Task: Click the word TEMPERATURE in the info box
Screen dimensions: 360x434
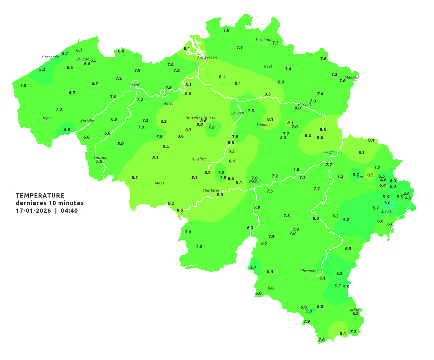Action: pos(40,195)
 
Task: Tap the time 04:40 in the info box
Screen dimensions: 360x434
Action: pos(69,211)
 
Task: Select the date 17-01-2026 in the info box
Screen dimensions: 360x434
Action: pos(33,211)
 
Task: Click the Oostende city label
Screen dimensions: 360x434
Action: pos(50,57)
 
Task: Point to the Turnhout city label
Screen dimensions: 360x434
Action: pos(264,40)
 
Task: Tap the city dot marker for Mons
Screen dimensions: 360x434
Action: pos(159,186)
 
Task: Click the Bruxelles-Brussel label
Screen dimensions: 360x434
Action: pos(201,118)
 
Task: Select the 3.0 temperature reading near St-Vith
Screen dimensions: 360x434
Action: pos(387,203)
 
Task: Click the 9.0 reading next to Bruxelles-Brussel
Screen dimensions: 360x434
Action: pos(200,125)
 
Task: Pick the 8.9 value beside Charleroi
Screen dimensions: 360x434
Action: pos(220,195)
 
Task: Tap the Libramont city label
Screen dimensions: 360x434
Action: pos(309,271)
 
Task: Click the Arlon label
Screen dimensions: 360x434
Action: pos(354,310)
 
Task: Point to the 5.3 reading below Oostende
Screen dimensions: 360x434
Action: pos(42,69)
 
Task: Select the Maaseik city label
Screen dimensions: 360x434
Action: pos(352,78)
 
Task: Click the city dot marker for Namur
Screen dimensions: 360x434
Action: pos(255,185)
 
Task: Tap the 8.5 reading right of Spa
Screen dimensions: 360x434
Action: pos(370,175)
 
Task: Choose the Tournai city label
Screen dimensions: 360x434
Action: pos(101,158)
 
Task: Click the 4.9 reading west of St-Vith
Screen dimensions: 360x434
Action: pos(346,219)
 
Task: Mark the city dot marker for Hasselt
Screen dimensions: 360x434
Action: pos(304,108)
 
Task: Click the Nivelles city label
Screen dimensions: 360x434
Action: pos(199,159)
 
